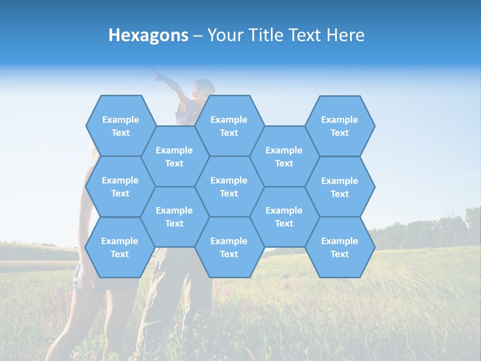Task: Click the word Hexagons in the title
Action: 148,35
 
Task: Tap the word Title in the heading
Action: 269,35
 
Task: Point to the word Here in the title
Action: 346,35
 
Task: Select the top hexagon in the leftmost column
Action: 120,126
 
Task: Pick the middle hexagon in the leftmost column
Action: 120,187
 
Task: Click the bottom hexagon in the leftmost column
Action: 120,247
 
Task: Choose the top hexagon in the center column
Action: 229,126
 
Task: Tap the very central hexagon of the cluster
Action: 229,187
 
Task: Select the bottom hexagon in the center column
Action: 229,247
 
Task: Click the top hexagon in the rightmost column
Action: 340,126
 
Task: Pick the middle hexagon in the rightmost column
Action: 340,187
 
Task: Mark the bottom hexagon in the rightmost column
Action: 340,247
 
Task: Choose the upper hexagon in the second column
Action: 174,156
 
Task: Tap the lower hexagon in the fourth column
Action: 284,217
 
